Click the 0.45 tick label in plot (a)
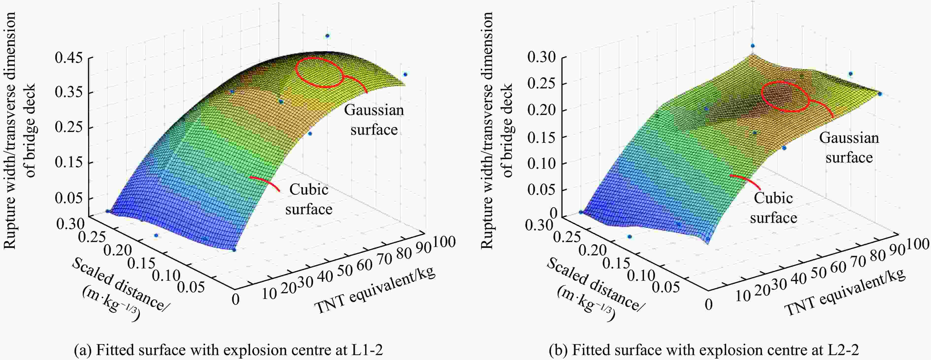coord(69,58)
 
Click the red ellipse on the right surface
coord(785,97)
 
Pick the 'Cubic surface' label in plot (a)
coord(309,199)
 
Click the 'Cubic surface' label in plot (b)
coord(773,208)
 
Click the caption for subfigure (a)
coord(228,350)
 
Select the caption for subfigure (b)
coord(703,350)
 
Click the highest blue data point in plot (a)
coord(327,36)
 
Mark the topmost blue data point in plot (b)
coord(753,46)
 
